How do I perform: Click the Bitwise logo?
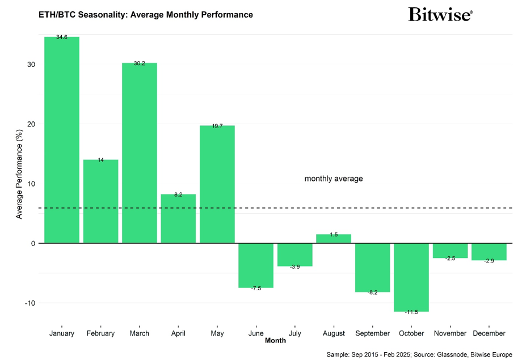coord(440,14)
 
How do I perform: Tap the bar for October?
coord(411,277)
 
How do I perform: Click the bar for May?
coord(217,184)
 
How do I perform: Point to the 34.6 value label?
coord(62,37)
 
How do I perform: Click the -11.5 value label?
coord(411,312)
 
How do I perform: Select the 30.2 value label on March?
coord(140,63)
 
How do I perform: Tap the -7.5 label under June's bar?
coord(256,288)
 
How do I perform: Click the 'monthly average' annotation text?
coord(334,179)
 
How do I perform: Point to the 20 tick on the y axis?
coord(31,124)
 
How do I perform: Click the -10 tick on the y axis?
coord(30,303)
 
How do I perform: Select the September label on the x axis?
coord(372,333)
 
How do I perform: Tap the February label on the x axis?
coord(100,333)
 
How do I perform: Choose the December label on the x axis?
coord(489,333)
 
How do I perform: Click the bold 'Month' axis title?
coord(275,341)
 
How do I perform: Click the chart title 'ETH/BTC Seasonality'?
coord(146,14)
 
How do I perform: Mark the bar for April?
coord(178,218)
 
